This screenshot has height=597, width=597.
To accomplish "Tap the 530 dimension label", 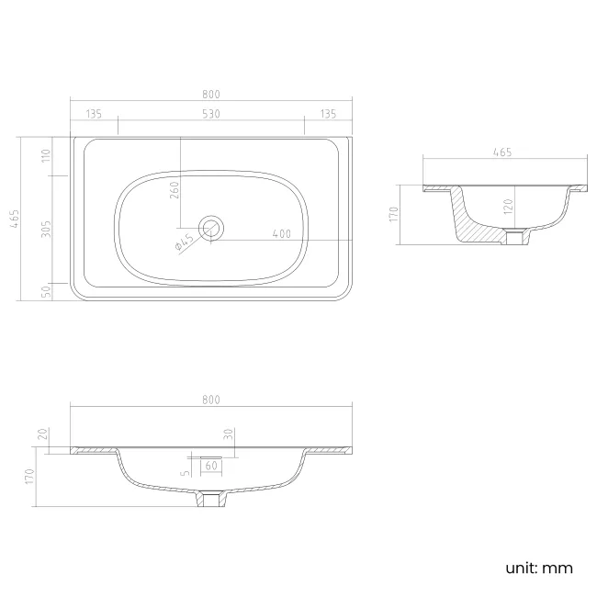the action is [x=211, y=114].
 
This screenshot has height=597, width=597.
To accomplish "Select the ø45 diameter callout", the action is [x=185, y=242].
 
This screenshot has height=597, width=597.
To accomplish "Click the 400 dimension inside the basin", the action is [x=282, y=234].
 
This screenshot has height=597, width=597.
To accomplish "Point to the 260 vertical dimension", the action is [x=174, y=189].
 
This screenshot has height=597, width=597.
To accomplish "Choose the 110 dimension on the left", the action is [x=46, y=155].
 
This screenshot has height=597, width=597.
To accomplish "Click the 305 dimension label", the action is [x=46, y=230].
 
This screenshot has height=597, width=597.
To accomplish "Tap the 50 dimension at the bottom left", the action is [x=46, y=292].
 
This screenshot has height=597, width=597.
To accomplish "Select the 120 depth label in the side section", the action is [x=509, y=207].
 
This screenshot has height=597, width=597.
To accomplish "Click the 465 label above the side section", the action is [x=502, y=152].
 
